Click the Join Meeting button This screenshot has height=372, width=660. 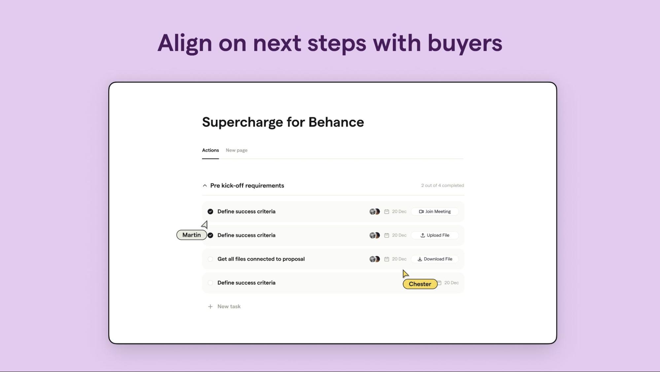(434, 212)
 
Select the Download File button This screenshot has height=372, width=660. (434, 259)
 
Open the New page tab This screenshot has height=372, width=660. (236, 150)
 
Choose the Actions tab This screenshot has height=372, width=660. (210, 150)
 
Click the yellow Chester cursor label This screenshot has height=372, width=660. (420, 284)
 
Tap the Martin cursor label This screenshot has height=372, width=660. (191, 235)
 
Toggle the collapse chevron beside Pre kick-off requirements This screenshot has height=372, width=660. (205, 186)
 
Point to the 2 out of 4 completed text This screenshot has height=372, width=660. (442, 186)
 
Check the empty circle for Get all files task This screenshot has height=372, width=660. (210, 259)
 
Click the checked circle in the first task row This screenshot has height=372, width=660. (210, 212)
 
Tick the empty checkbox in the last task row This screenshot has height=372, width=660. (210, 283)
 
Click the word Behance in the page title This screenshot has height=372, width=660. (336, 122)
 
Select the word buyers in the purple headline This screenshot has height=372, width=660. (465, 43)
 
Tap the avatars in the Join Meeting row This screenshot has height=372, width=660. (375, 212)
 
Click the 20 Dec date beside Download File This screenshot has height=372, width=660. (399, 259)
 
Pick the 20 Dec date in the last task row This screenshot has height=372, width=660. (451, 283)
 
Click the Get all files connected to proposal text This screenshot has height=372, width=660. (261, 259)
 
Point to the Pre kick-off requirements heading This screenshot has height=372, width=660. (247, 186)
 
